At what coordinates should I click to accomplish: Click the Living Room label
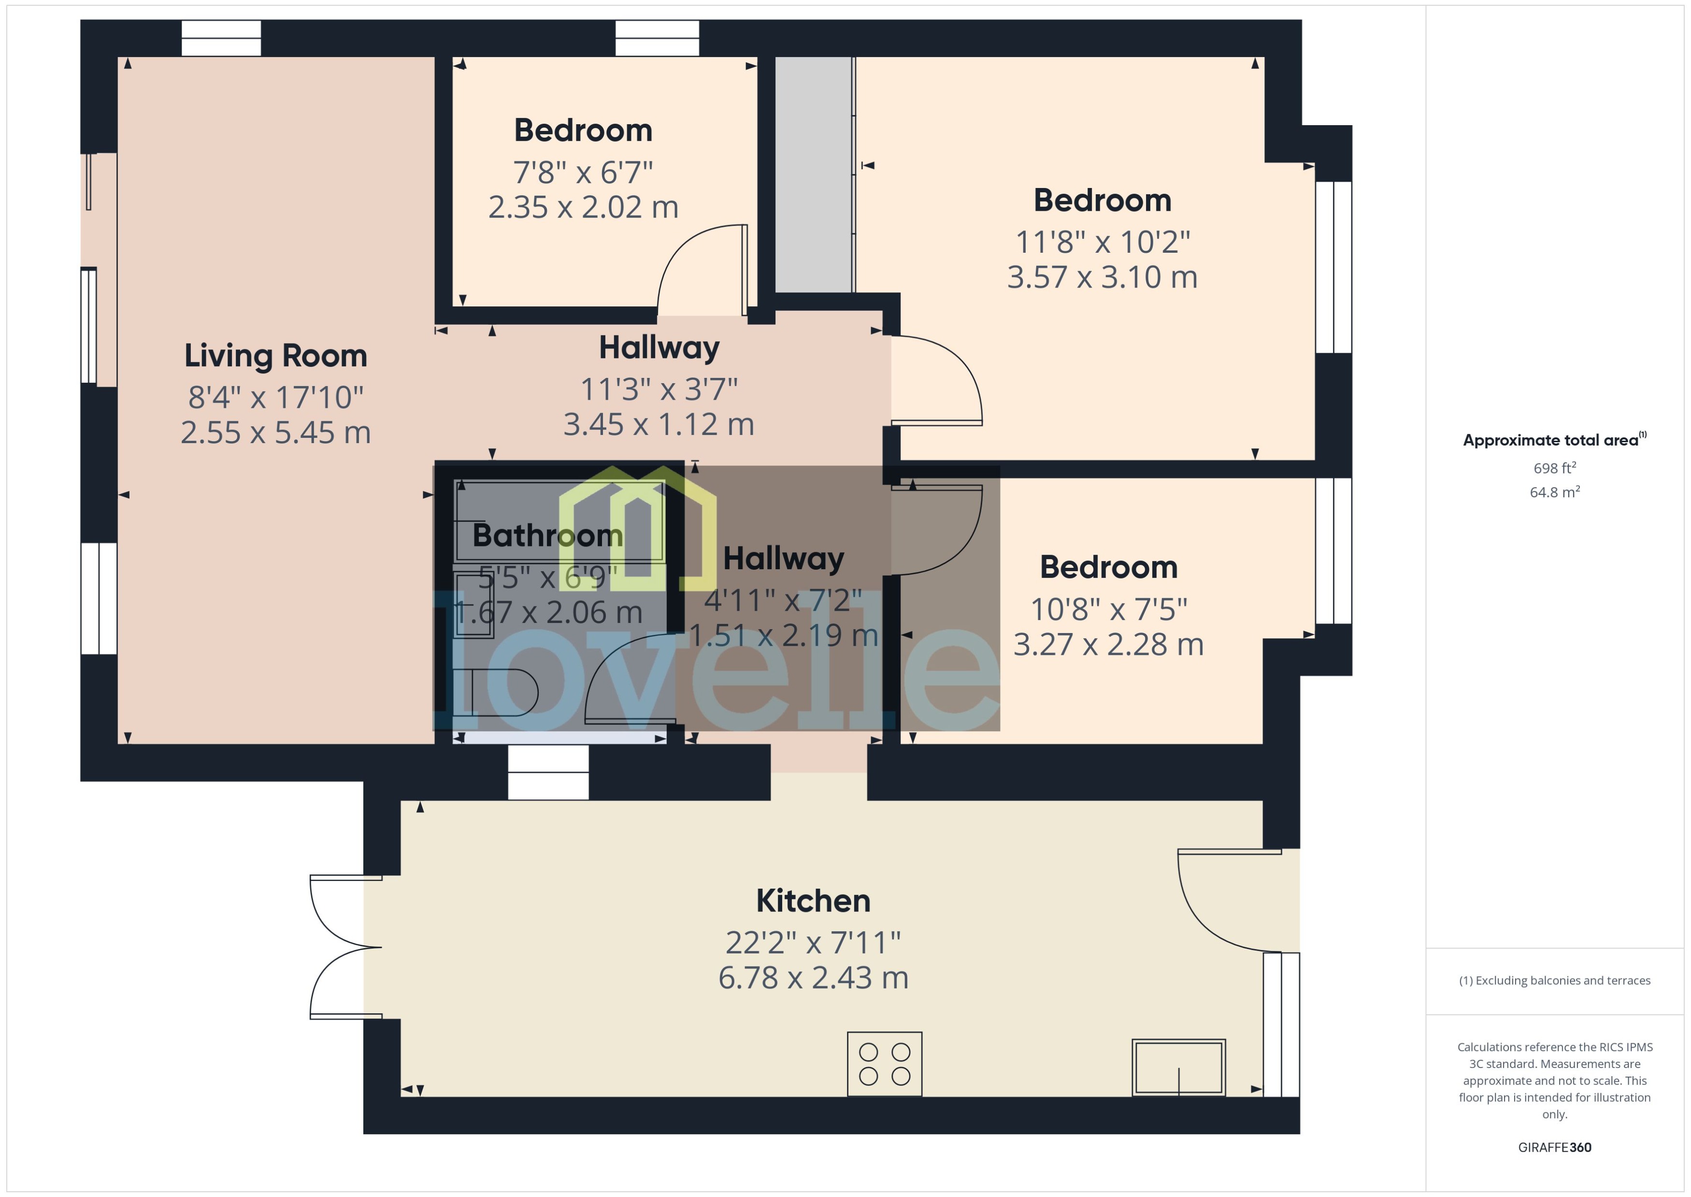[275, 356]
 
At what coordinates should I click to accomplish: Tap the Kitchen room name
[813, 901]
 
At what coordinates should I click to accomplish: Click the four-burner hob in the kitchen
[884, 1064]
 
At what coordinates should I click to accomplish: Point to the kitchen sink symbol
[1178, 1067]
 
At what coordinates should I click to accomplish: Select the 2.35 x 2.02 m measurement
[583, 208]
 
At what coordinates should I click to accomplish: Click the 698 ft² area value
[1554, 468]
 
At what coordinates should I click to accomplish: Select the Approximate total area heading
[1551, 441]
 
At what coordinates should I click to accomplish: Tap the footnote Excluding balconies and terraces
[1554, 981]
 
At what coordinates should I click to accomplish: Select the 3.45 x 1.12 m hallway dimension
[659, 425]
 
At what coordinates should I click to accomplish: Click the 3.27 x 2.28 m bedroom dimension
[1108, 645]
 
